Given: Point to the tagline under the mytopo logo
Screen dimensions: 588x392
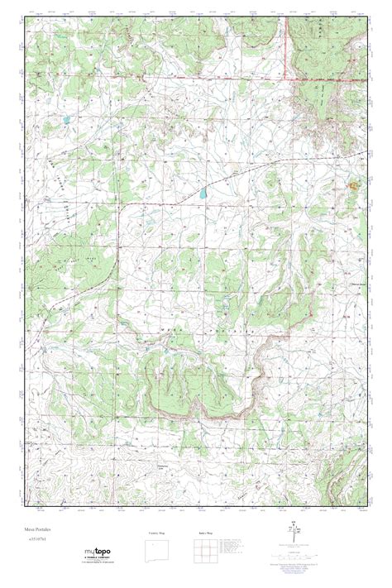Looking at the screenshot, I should pyautogui.click(x=97, y=563).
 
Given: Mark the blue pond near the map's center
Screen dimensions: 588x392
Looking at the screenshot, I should pyautogui.click(x=201, y=196).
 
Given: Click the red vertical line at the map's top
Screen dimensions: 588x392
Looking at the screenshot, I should pyautogui.click(x=286, y=41).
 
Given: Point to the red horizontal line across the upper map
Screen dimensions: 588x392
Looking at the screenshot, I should pyautogui.click(x=165, y=76).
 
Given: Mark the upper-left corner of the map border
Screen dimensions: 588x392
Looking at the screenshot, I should pyautogui.click(x=24, y=17).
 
